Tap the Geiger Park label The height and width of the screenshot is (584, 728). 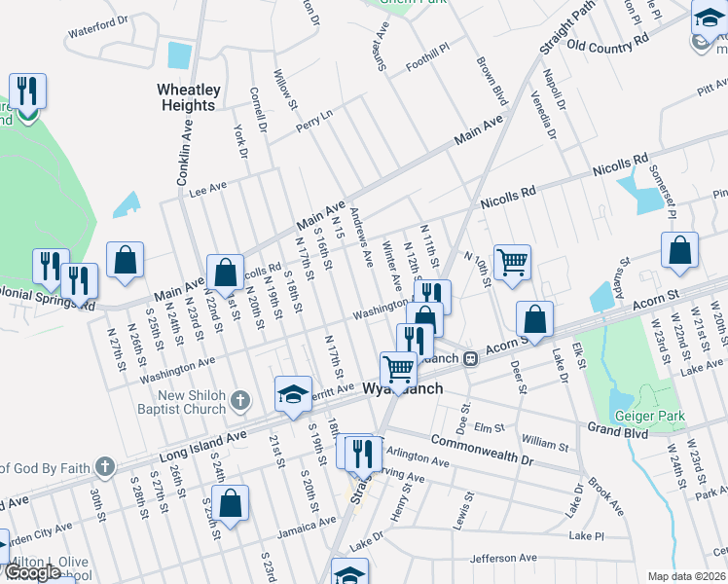click(648, 416)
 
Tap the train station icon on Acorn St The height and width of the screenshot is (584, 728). click(470, 358)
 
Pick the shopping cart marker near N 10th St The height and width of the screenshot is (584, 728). click(512, 261)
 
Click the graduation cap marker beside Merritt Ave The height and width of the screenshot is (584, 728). click(292, 393)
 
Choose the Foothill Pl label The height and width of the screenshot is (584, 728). click(428, 47)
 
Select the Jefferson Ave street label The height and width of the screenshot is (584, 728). click(503, 559)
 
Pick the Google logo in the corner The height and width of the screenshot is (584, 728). click(33, 571)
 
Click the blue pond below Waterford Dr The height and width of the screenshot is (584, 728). click(179, 55)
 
